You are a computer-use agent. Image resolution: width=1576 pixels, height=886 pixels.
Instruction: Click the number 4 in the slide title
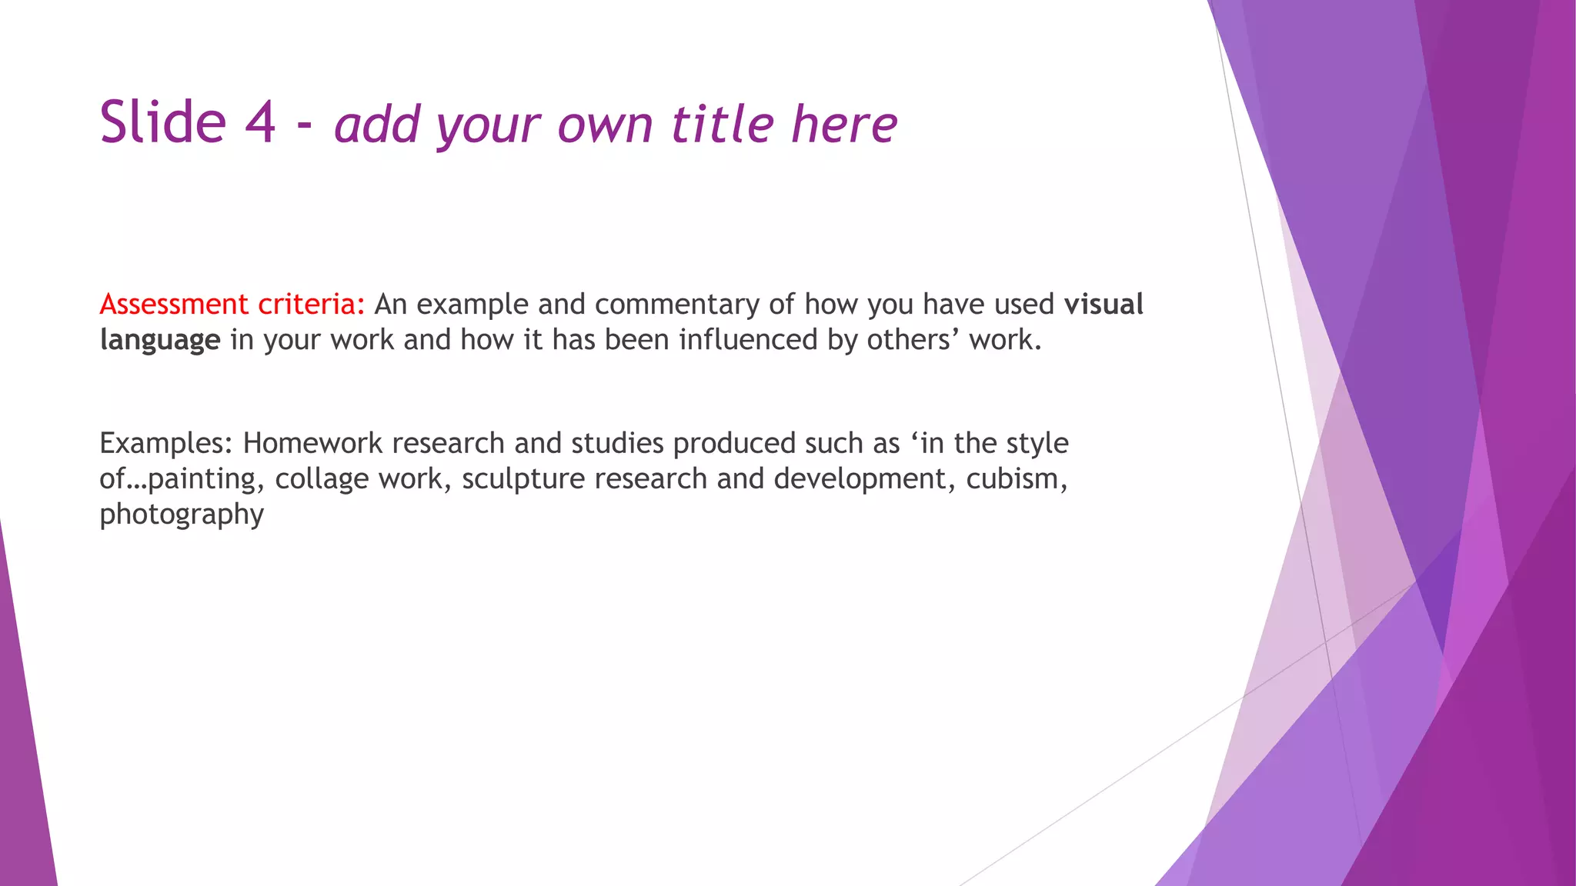click(x=260, y=123)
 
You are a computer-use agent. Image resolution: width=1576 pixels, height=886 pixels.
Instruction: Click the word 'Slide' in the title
click(x=163, y=123)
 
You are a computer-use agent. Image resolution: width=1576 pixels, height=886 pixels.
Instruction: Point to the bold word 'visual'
click(x=1104, y=305)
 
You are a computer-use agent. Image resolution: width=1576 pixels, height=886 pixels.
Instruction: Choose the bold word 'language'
click(x=160, y=341)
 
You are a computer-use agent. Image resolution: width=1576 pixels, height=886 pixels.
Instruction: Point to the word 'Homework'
click(x=312, y=444)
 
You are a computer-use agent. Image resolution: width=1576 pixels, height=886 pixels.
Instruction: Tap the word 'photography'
click(x=182, y=515)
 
